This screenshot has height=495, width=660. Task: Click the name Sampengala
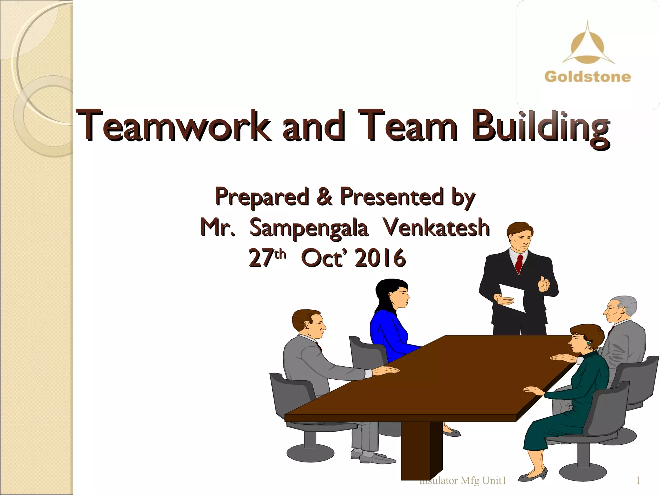pyautogui.click(x=308, y=228)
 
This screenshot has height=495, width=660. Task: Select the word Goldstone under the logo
pyautogui.click(x=587, y=77)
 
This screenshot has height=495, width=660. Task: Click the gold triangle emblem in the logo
pyautogui.click(x=587, y=45)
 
